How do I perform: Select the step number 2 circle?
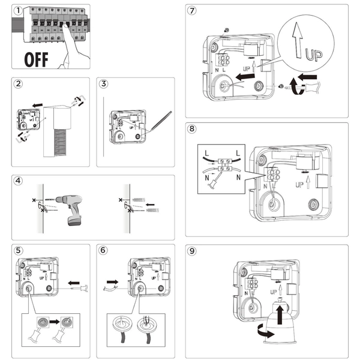18,84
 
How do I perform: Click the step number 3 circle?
104,84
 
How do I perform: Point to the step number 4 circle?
18,181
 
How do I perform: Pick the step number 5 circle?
18,250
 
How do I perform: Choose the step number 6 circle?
104,250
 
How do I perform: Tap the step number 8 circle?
192,129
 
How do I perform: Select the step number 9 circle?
192,250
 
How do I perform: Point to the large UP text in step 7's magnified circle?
313,55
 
